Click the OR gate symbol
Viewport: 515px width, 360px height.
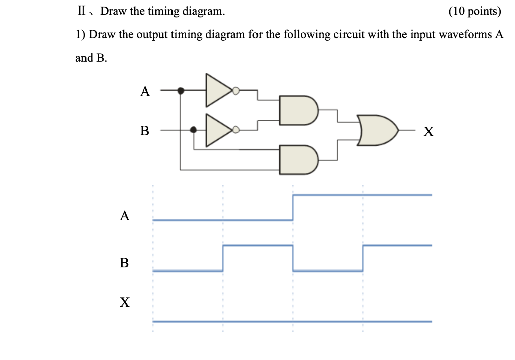coord(377,130)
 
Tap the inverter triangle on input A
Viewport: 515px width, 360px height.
coord(218,91)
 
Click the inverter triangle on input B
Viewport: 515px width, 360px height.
coord(218,130)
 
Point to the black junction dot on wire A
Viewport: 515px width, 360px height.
coord(181,91)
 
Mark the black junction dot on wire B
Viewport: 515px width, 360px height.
coord(193,130)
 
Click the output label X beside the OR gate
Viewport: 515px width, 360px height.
coord(428,132)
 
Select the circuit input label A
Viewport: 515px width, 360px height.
coord(145,92)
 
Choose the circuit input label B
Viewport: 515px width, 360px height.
coord(145,131)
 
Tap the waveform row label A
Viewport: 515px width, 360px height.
coord(125,216)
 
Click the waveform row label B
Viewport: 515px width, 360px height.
coord(124,262)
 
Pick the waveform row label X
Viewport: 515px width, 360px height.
coord(124,302)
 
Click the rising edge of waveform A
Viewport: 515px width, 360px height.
coord(293,207)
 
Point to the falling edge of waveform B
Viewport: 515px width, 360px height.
coord(293,258)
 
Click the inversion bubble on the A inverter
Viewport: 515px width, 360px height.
coord(236,91)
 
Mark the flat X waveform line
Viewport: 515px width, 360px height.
coord(292,321)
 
